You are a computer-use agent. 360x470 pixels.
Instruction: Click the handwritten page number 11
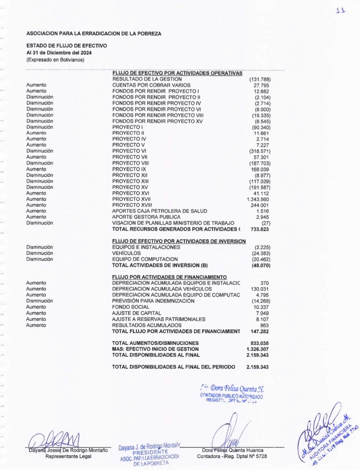pos(341,11)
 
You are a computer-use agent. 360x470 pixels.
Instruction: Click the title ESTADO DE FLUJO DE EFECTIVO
pos(66,46)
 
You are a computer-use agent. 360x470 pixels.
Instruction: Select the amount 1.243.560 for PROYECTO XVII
pos(259,199)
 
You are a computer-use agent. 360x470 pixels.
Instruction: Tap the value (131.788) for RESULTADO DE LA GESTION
pos(260,79)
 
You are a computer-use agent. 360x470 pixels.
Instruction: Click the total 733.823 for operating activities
pos(260,229)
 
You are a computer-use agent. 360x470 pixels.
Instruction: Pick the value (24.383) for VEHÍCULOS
pos(261,253)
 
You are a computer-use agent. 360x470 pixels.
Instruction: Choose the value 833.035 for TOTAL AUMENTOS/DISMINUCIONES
pos(259,343)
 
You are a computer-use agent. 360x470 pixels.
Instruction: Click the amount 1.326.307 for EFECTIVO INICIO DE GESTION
pos(258,349)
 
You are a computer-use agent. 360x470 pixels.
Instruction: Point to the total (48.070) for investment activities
pos(261,265)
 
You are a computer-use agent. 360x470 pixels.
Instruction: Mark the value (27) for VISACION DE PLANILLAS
pos(265,223)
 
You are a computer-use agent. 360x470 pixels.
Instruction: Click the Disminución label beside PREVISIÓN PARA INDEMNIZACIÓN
pos(40,301)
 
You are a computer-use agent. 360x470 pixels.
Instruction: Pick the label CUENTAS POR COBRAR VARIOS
pos(151,85)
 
